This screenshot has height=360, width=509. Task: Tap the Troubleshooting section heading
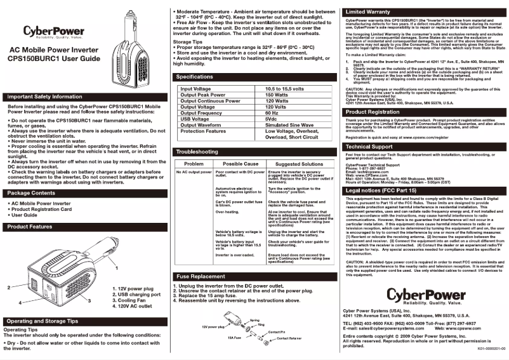tap(197, 152)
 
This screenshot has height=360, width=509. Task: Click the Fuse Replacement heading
tap(200, 277)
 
